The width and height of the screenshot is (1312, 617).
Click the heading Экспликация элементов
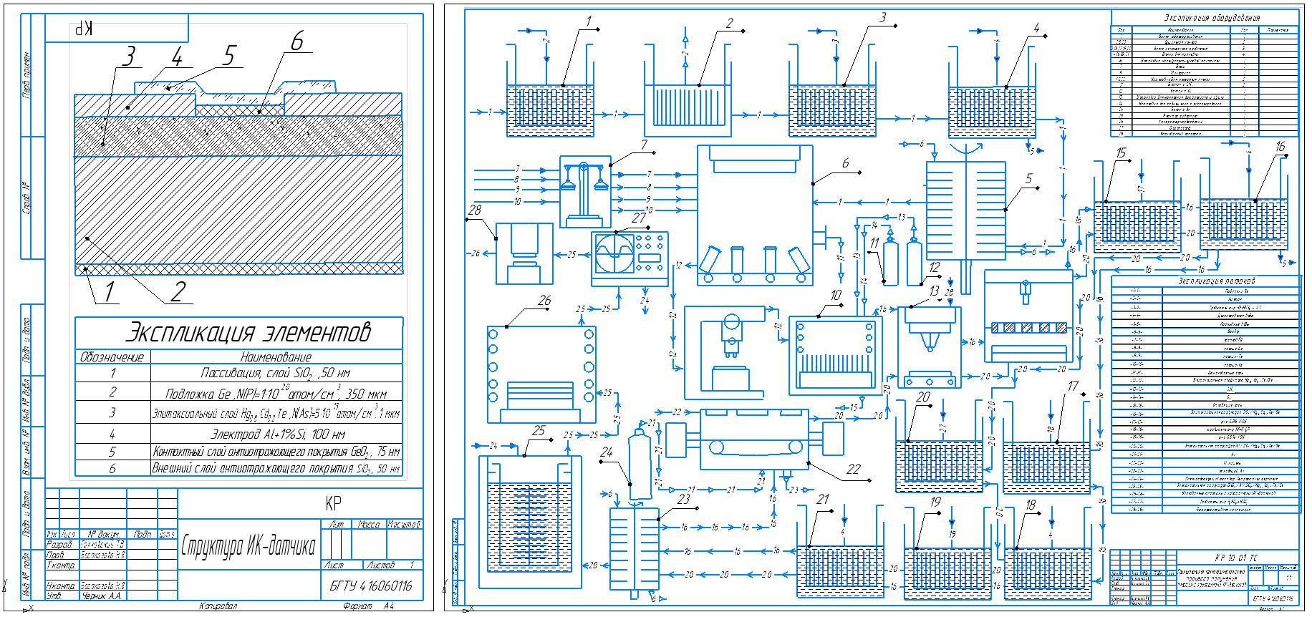[248, 333]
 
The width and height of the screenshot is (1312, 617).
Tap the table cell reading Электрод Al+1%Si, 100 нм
[277, 434]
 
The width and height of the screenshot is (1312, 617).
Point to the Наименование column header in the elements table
[276, 356]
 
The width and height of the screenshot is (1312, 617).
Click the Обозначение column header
[112, 356]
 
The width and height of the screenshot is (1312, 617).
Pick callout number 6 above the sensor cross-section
[296, 42]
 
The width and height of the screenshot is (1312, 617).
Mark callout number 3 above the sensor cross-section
[128, 56]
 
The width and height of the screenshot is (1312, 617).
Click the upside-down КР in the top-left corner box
[85, 29]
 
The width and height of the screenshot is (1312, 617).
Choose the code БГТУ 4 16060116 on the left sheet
[370, 586]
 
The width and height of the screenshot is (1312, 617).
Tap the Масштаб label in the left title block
[404, 525]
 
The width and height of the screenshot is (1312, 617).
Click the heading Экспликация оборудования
[1212, 17]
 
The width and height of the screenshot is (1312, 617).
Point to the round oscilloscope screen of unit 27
[614, 253]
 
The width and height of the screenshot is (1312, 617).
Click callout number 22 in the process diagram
[853, 470]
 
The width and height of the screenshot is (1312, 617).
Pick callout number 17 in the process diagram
[1072, 387]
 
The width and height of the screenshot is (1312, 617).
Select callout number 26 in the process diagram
[544, 301]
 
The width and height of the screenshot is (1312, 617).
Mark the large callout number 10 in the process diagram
[835, 296]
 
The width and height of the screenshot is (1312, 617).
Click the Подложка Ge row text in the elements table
[276, 393]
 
